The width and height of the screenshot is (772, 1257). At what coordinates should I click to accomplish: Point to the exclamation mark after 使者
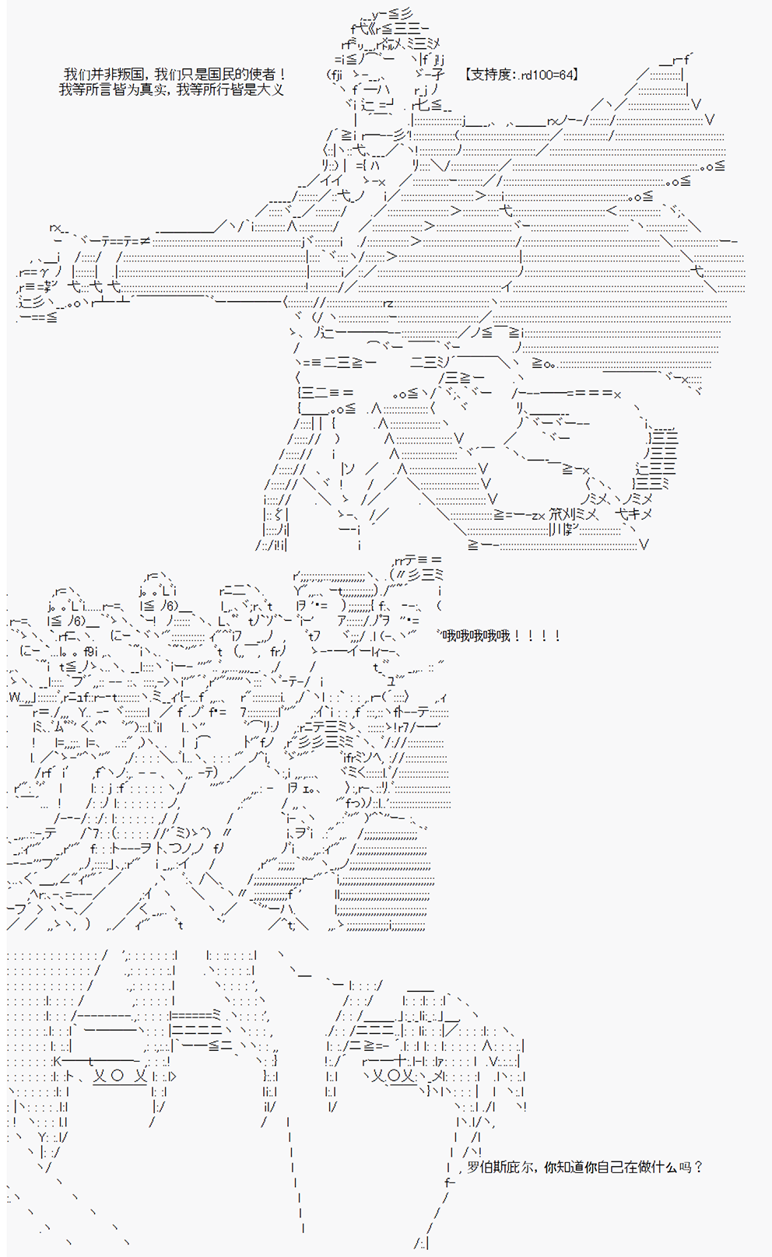point(281,74)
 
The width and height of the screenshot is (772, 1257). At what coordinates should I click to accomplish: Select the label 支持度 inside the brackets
point(491,74)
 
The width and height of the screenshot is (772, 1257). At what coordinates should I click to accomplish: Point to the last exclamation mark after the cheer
point(557,636)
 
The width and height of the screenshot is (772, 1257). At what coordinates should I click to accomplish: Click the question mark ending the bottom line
point(698,1168)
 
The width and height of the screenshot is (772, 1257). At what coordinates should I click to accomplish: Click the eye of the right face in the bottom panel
point(393,1076)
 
